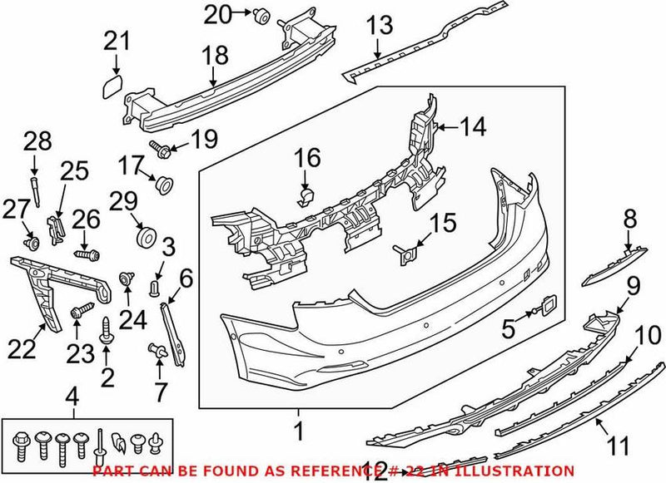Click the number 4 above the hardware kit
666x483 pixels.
pyautogui.click(x=72, y=396)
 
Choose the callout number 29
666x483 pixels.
pyautogui.click(x=122, y=200)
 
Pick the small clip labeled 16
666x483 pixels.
pyautogui.click(x=304, y=195)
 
